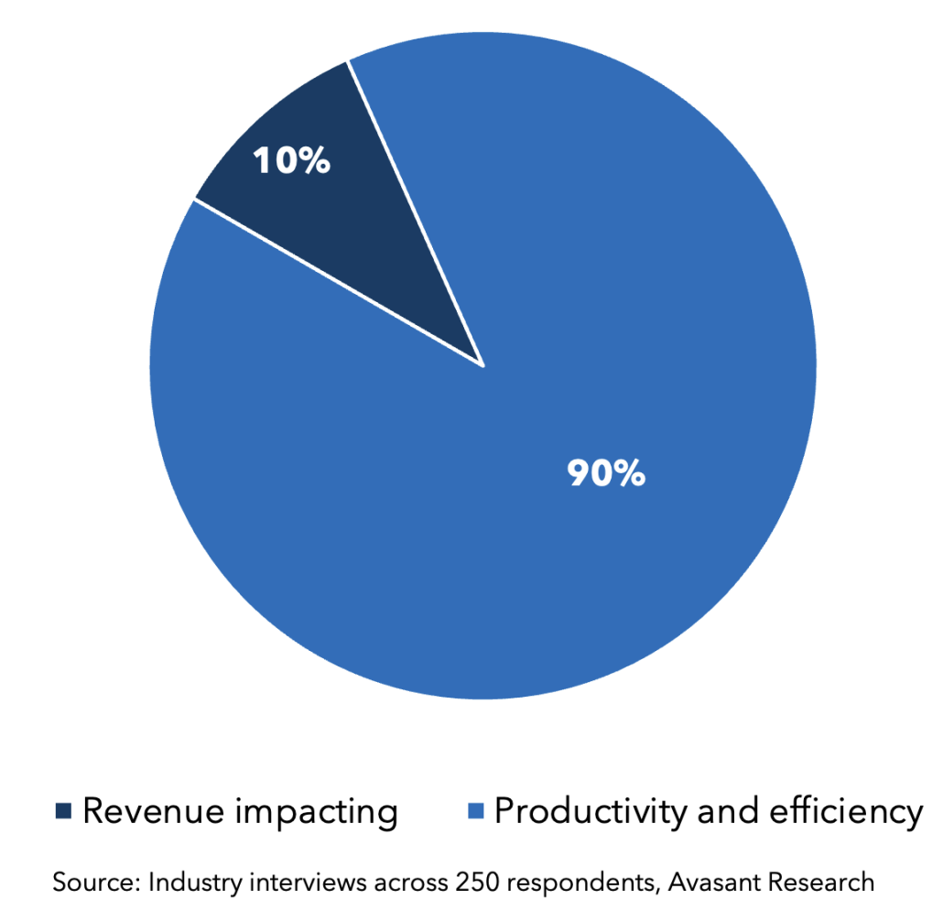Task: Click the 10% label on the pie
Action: (x=291, y=161)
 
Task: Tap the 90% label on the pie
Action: (x=606, y=474)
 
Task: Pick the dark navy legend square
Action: (x=63, y=811)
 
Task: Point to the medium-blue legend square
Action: (x=475, y=811)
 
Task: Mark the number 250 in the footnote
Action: (x=472, y=883)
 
